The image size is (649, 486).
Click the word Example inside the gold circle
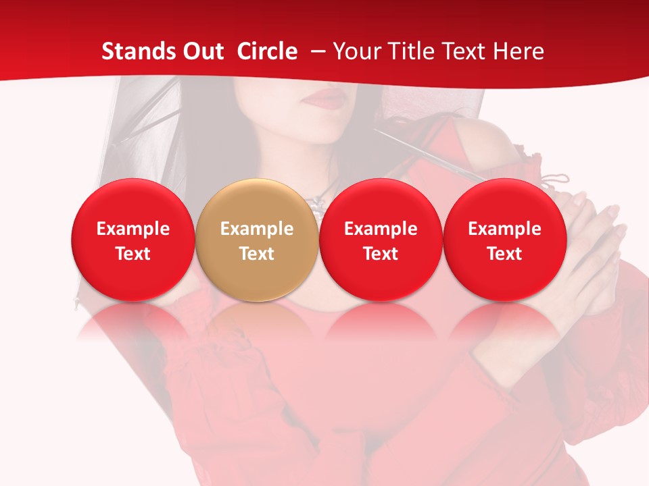pos(257,229)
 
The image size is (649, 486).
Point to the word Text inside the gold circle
pos(257,254)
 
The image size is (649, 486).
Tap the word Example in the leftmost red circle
pos(133,229)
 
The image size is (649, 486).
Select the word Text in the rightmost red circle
pos(504,254)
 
